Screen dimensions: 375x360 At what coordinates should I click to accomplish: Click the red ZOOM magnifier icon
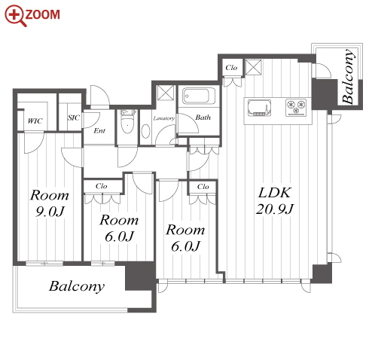[14, 15]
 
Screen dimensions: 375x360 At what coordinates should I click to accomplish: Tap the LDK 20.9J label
[275, 201]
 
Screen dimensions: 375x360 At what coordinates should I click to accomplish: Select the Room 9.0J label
[50, 203]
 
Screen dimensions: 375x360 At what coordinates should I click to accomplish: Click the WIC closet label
[35, 121]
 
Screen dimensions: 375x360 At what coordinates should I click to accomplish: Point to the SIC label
[74, 117]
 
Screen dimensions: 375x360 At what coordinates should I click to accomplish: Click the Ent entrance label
[99, 130]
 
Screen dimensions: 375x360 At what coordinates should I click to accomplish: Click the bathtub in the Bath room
[199, 96]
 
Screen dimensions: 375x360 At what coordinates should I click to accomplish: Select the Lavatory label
[163, 118]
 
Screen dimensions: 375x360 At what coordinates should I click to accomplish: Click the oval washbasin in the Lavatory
[146, 131]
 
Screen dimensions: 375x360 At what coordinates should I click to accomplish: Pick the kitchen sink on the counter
[260, 108]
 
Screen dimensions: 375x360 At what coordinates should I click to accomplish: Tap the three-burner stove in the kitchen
[296, 108]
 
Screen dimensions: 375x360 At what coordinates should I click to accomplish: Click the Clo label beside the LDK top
[231, 68]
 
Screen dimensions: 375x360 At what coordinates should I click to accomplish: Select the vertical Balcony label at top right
[349, 77]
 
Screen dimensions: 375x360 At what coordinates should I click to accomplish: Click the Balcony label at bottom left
[77, 286]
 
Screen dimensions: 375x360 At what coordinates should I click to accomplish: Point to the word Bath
[203, 117]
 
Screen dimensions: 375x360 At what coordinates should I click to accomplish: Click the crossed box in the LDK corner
[253, 67]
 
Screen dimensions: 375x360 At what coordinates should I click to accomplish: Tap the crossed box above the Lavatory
[166, 93]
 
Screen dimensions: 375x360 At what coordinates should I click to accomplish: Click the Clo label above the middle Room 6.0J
[102, 186]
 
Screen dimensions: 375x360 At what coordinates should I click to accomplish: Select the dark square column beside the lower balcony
[140, 276]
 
